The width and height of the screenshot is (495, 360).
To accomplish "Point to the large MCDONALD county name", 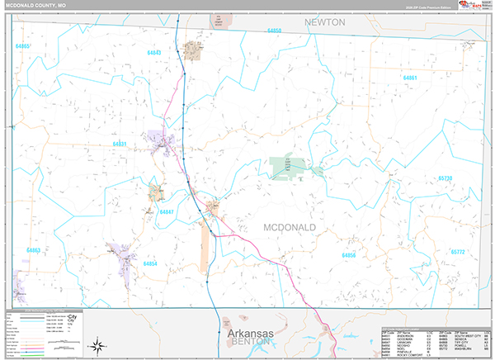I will [x=290, y=226].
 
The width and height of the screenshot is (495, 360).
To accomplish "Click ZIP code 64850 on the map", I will [x=275, y=31].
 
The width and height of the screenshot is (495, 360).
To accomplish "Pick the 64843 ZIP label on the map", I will [x=154, y=53].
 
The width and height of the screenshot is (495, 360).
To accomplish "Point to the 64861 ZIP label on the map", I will [x=410, y=78].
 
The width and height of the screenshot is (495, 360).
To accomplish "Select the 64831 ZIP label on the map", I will [x=120, y=144].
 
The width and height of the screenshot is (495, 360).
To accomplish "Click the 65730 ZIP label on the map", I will [x=445, y=178].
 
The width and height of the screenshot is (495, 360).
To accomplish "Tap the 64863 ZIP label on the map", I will [x=33, y=249].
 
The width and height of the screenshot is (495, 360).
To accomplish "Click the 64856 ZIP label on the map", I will [x=350, y=256].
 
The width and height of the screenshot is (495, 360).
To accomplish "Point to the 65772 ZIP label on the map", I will [x=459, y=252].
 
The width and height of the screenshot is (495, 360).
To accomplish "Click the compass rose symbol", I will [x=97, y=344].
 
